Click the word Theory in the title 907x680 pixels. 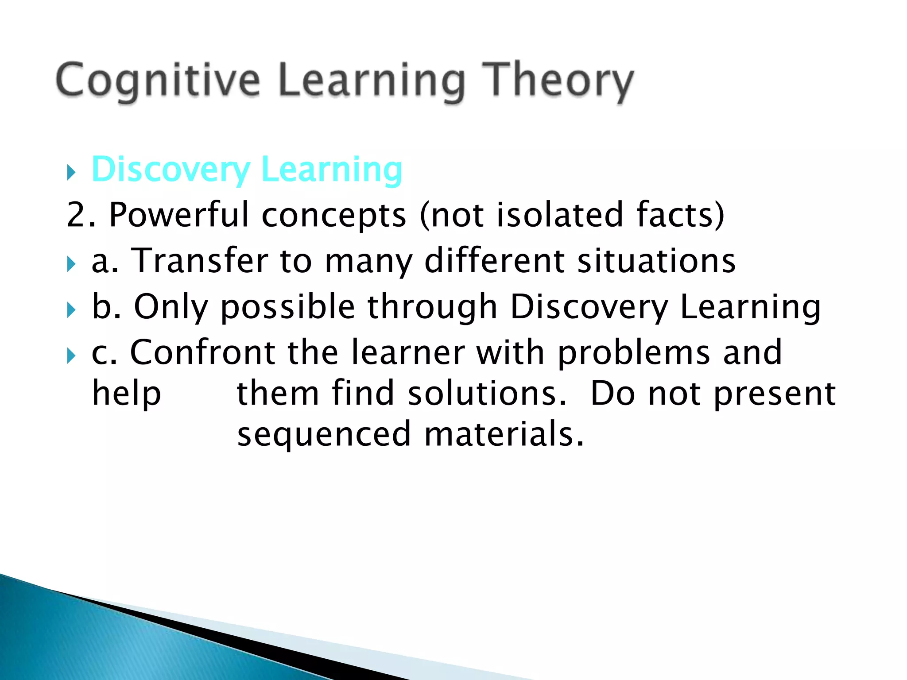558,81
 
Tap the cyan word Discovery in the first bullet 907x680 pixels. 171,170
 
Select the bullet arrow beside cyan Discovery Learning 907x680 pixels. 71,172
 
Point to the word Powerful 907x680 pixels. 179,215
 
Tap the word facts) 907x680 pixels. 680,215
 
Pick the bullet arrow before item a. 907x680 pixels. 71,264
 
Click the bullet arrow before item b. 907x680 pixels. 71,310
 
